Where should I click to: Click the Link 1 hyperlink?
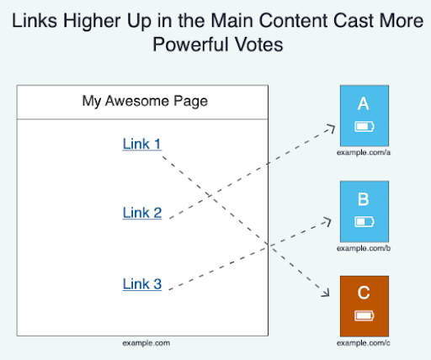point(142,144)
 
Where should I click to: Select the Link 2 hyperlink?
point(142,213)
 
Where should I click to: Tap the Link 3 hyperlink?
point(142,284)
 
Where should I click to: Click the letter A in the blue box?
point(364,103)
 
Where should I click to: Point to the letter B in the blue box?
point(364,199)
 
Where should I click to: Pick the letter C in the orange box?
point(364,293)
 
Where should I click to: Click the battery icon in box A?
point(364,126)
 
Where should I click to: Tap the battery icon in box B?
point(364,222)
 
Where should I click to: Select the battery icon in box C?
point(364,316)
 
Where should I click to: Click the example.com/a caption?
point(364,152)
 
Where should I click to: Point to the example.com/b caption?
point(364,248)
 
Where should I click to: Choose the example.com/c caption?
point(364,343)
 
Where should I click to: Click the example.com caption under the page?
point(146,343)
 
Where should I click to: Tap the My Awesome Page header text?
point(145,101)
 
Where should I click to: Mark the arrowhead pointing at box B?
point(327,221)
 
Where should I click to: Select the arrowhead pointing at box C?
point(326,292)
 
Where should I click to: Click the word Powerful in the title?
point(190,45)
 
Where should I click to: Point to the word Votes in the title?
point(259,45)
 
